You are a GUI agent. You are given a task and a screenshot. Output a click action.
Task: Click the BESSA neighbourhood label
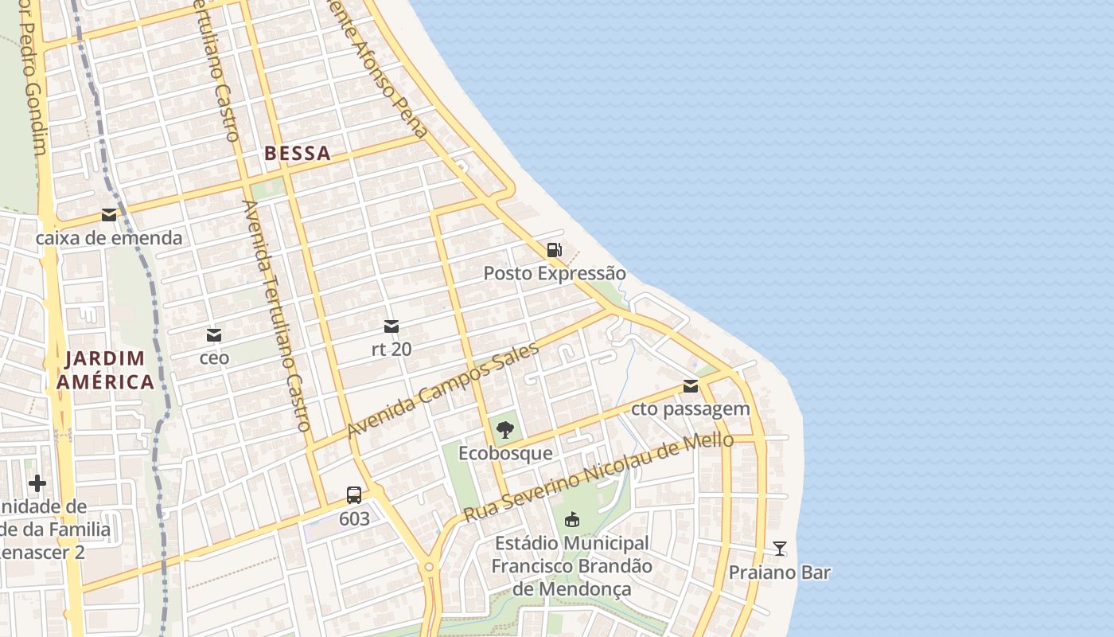297,154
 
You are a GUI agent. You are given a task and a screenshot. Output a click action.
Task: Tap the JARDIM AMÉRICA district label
105,370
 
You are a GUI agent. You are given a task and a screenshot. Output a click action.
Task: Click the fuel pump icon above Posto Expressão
554,250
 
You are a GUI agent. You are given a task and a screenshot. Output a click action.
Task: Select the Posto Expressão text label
554,274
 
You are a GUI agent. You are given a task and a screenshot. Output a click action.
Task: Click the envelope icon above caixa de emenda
108,215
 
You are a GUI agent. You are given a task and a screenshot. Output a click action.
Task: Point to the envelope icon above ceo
213,335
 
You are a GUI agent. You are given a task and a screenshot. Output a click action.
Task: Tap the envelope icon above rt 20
391,326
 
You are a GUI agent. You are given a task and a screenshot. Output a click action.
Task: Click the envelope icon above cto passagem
690,386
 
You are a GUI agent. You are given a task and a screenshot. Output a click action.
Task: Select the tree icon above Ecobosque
504,431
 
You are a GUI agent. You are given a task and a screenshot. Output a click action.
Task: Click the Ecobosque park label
505,453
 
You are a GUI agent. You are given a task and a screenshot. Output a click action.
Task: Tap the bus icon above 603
354,495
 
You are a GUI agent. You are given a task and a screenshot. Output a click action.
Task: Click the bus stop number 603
354,519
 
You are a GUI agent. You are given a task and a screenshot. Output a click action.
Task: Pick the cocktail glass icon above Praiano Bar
779,549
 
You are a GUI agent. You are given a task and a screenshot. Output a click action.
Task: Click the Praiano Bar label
779,573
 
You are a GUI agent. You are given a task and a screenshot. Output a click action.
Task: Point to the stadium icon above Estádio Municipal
571,521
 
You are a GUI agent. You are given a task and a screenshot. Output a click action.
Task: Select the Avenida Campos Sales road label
443,392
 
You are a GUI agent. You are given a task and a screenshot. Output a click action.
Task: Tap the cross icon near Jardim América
37,483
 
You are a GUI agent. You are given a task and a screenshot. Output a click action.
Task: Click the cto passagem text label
690,409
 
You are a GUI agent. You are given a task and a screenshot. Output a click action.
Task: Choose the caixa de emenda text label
109,238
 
